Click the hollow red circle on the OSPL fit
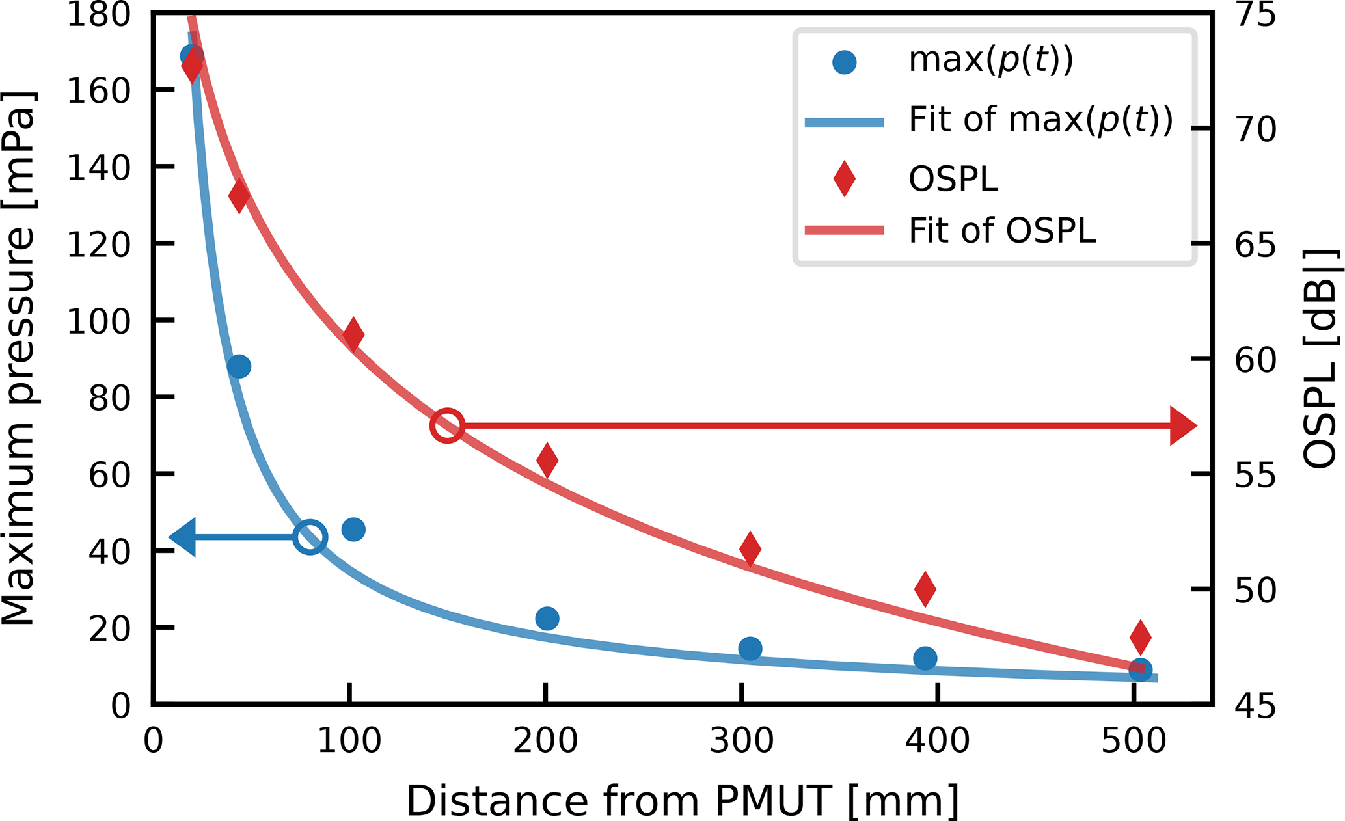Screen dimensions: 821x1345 447,426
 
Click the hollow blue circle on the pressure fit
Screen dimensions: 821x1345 310,537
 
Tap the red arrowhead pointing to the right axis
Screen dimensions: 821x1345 1183,426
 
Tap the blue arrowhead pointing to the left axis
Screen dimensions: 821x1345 183,537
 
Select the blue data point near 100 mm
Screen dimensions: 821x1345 353,530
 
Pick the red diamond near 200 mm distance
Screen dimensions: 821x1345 547,461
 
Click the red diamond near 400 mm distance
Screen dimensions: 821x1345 925,589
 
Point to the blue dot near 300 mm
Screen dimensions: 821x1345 750,649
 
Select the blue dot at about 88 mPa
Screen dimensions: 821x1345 239,367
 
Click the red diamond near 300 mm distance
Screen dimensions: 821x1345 750,549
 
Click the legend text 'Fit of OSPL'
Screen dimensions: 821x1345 1002,230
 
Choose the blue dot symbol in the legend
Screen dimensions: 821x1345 844,62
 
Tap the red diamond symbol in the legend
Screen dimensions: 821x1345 844,179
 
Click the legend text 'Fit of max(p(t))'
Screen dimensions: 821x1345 1040,120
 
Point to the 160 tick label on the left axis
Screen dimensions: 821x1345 99,91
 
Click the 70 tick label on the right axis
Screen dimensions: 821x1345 1256,129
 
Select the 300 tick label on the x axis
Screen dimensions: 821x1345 741,741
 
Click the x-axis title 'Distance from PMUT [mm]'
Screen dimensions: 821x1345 683,801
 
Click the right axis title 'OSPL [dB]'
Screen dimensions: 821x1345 1321,358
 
